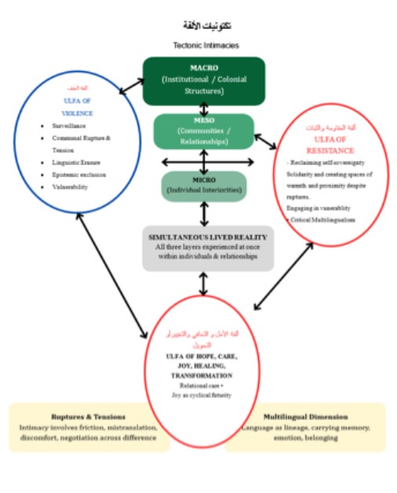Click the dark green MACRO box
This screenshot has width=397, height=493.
pos(203,80)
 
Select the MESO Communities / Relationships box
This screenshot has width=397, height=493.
pos(203,131)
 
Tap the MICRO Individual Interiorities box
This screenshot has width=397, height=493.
pos(203,185)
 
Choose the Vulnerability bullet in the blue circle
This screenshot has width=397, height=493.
pos(67,187)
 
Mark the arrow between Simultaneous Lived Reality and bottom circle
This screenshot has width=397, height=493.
pos(203,283)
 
